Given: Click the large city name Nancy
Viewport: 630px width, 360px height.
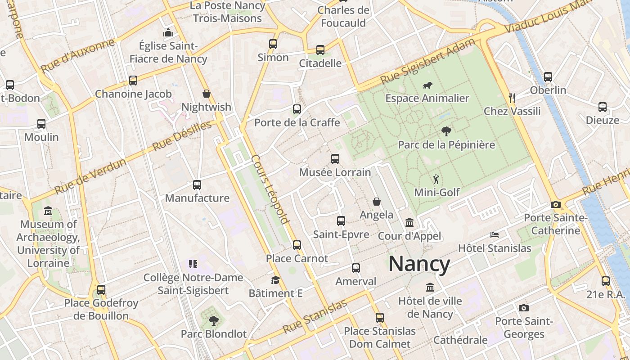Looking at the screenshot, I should tap(419, 264).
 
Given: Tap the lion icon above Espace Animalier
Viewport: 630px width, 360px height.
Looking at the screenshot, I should tap(427, 85).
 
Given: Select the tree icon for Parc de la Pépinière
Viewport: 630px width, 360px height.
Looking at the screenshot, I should tap(446, 131).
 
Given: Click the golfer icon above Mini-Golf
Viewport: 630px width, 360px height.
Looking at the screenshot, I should tap(436, 179).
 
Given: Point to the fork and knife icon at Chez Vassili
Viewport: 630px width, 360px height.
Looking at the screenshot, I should tap(512, 98).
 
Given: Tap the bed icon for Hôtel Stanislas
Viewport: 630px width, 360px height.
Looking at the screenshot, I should tap(495, 235).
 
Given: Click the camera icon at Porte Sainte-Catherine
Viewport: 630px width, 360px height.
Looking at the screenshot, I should tap(556, 205).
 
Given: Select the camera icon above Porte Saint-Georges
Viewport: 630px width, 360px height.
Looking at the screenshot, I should tap(523, 308).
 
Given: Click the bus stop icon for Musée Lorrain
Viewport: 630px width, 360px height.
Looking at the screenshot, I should tap(335, 158).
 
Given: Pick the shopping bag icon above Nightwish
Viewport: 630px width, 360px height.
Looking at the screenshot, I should tap(206, 94).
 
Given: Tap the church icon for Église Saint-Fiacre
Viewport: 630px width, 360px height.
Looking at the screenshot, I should tap(168, 32).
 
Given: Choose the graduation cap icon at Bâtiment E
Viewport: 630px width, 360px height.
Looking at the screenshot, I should tap(275, 280).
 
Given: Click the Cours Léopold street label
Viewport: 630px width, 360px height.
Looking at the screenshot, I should tap(270, 189).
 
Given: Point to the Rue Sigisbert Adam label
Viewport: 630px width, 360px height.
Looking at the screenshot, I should tap(427, 61).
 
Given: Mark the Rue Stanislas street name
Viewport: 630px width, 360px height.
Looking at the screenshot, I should tap(315, 316).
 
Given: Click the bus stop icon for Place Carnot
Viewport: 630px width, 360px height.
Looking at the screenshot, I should tap(297, 245).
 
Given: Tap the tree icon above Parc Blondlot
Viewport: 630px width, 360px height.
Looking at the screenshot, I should tap(213, 320).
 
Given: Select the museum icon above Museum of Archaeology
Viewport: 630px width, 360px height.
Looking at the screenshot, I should tap(48, 211).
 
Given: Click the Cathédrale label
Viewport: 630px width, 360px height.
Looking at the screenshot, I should tap(460, 340).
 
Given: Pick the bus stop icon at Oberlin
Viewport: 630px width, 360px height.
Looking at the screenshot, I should tap(548, 77).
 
